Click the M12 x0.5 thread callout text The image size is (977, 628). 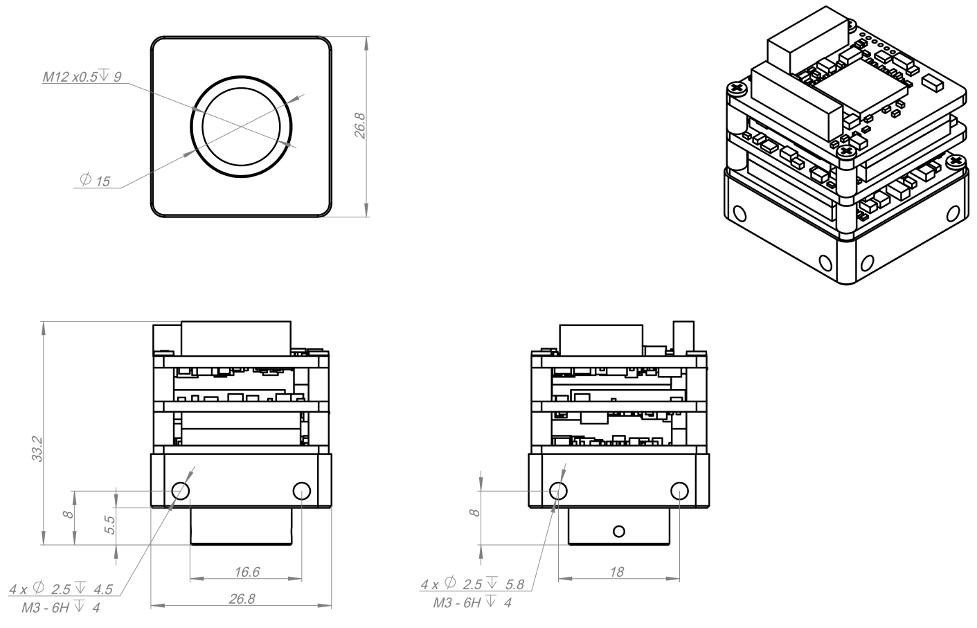(82, 76)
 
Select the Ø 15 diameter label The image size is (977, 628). (95, 180)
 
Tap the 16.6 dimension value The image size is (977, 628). (247, 572)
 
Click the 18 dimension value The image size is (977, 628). (617, 572)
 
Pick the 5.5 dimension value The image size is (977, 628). (109, 525)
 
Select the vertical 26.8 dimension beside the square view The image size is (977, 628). (360, 125)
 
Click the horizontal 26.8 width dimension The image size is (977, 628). (242, 599)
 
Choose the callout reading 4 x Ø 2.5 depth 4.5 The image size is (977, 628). (61, 589)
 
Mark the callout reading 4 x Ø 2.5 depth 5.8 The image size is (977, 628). (472, 584)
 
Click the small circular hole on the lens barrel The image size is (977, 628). (619, 531)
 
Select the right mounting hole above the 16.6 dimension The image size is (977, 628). (302, 491)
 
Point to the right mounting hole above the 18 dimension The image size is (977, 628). (679, 491)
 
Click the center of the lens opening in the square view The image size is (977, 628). (241, 127)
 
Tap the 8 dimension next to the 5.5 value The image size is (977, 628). (68, 514)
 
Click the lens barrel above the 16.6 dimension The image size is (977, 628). (241, 526)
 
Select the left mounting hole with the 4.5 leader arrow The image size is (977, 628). (181, 491)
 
